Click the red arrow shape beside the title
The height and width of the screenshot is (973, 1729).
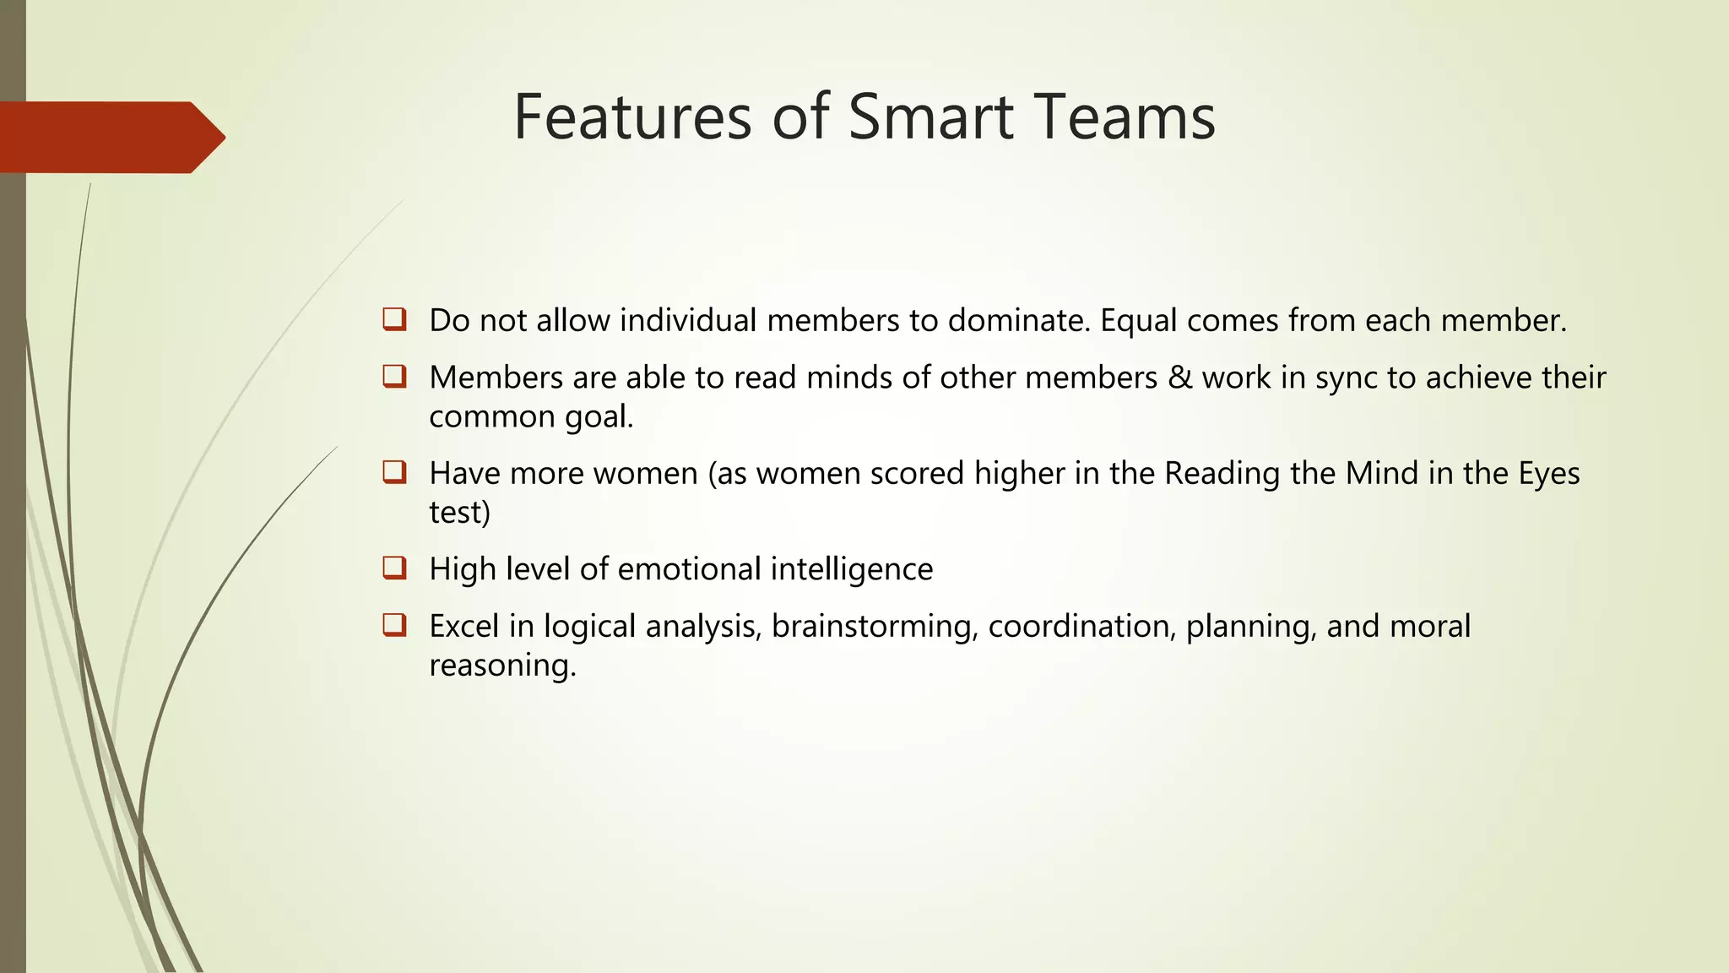click(x=110, y=137)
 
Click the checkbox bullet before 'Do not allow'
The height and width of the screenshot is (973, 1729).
click(x=394, y=319)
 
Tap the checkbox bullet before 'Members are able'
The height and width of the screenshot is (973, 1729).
click(x=394, y=376)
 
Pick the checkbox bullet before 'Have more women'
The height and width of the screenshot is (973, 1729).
click(x=394, y=471)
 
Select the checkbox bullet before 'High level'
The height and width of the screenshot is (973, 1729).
click(x=394, y=568)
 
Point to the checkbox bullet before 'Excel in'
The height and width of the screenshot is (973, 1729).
click(x=394, y=625)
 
